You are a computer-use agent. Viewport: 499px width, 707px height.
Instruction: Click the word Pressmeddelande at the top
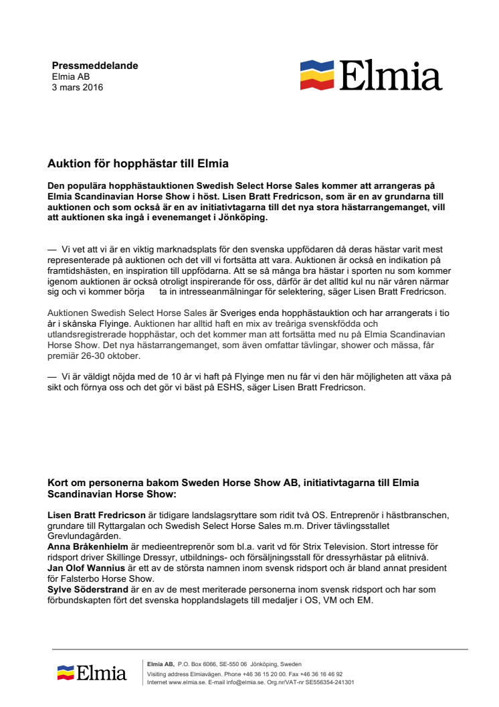(95, 66)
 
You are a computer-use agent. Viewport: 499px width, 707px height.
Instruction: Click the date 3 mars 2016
(78, 87)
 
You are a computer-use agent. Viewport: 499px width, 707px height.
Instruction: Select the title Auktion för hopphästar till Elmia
(138, 163)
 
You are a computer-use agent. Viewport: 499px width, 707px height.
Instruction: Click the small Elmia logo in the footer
(92, 672)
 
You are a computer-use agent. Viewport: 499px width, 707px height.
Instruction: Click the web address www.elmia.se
(185, 683)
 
